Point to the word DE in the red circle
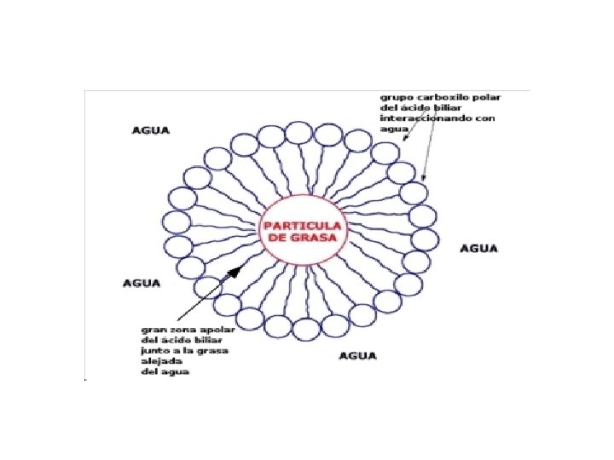(x=280, y=239)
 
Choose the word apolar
(x=216, y=328)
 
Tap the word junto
(x=155, y=350)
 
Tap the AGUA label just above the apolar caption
(x=142, y=282)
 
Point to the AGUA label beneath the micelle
(x=358, y=355)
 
